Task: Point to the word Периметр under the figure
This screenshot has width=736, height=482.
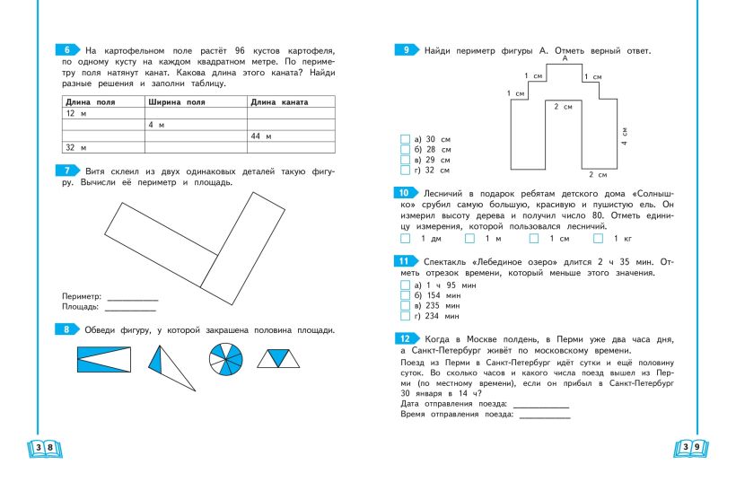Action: coord(83,295)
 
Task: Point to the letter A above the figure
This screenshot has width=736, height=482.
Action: coord(565,57)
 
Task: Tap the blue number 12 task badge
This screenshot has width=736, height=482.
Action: coord(404,337)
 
